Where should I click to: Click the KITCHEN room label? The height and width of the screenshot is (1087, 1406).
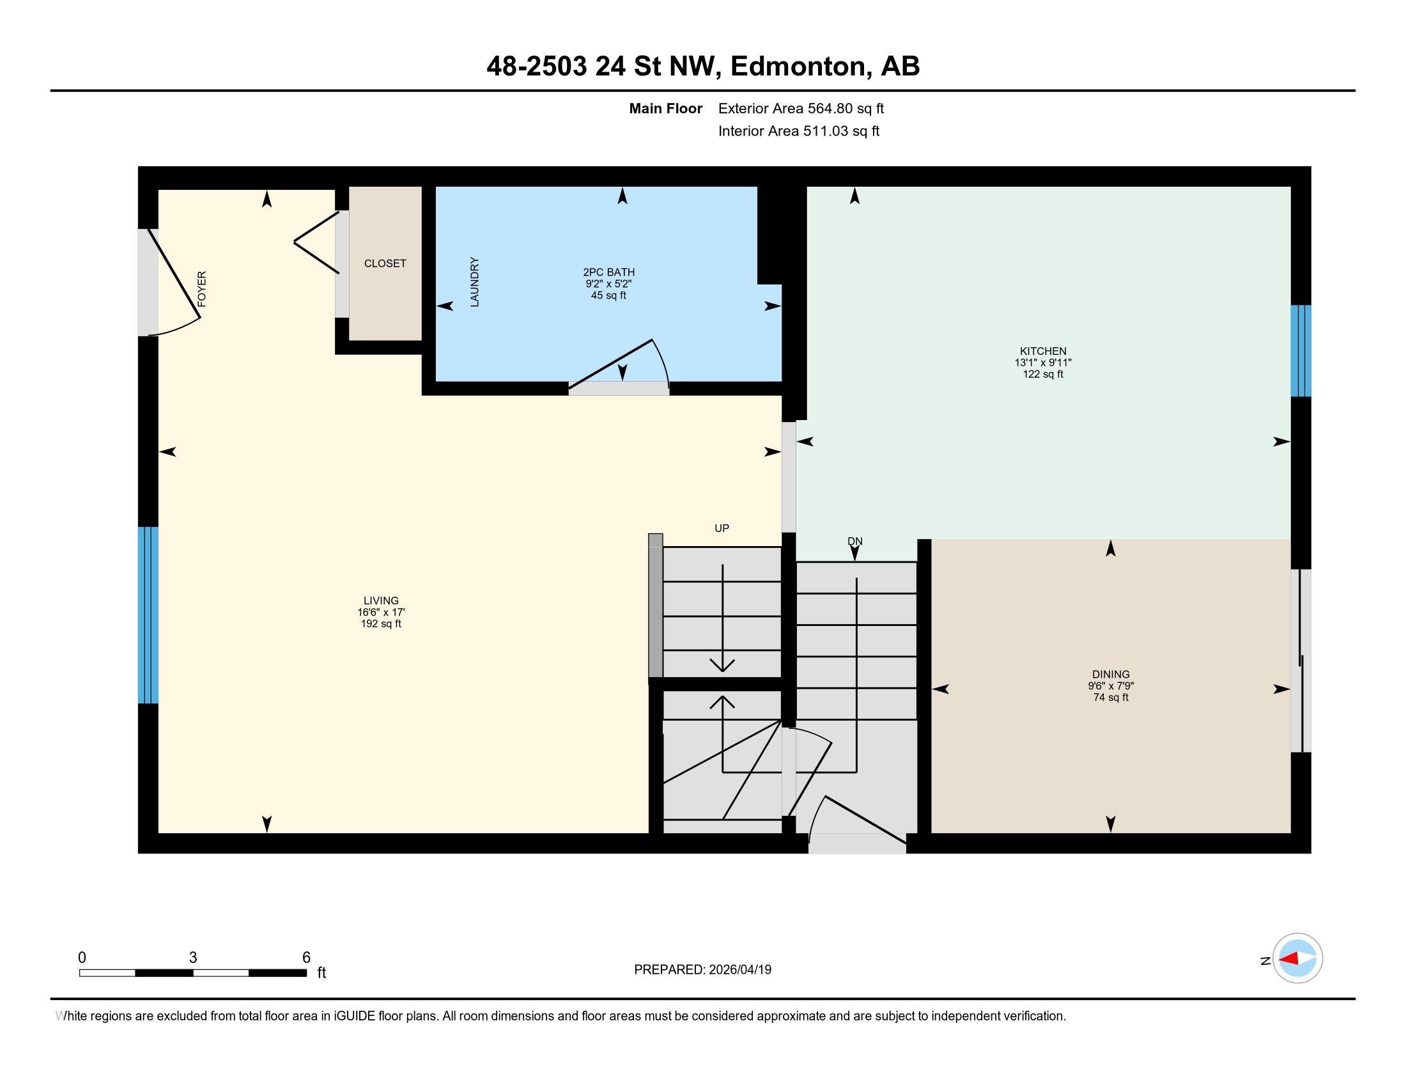pos(1043,351)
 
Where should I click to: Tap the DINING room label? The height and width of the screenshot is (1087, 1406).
pos(1111,674)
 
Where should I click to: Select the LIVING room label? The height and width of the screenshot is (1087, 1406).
pos(381,601)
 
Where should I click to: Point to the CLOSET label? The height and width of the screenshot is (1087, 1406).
pos(385,263)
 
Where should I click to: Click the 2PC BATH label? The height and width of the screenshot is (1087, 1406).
pos(609,272)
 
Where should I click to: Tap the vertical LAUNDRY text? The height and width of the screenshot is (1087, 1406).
pos(474,282)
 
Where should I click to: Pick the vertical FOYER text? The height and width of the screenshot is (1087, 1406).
pos(202,288)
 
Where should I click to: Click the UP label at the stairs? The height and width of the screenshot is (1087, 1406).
pos(722,528)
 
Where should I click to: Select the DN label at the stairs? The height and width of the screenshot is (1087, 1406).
pos(855,542)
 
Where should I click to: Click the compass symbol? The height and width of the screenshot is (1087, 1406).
pos(1297,958)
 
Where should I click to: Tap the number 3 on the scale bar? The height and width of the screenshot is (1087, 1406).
pos(192,958)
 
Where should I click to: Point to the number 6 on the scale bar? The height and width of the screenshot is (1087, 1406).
pos(306,958)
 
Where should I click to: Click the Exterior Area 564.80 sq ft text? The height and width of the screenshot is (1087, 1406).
pos(801,109)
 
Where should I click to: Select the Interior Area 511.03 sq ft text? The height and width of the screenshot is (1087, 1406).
pos(798,131)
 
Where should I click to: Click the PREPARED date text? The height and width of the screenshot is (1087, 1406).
pos(702,970)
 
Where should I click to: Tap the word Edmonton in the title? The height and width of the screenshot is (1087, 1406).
pos(798,66)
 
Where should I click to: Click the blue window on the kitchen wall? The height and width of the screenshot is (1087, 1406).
pos(1301,351)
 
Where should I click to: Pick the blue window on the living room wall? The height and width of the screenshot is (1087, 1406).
pos(148,615)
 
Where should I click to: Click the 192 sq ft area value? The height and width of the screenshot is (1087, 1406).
pos(381,624)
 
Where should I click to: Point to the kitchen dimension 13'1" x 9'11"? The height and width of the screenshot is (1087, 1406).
pos(1043,363)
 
